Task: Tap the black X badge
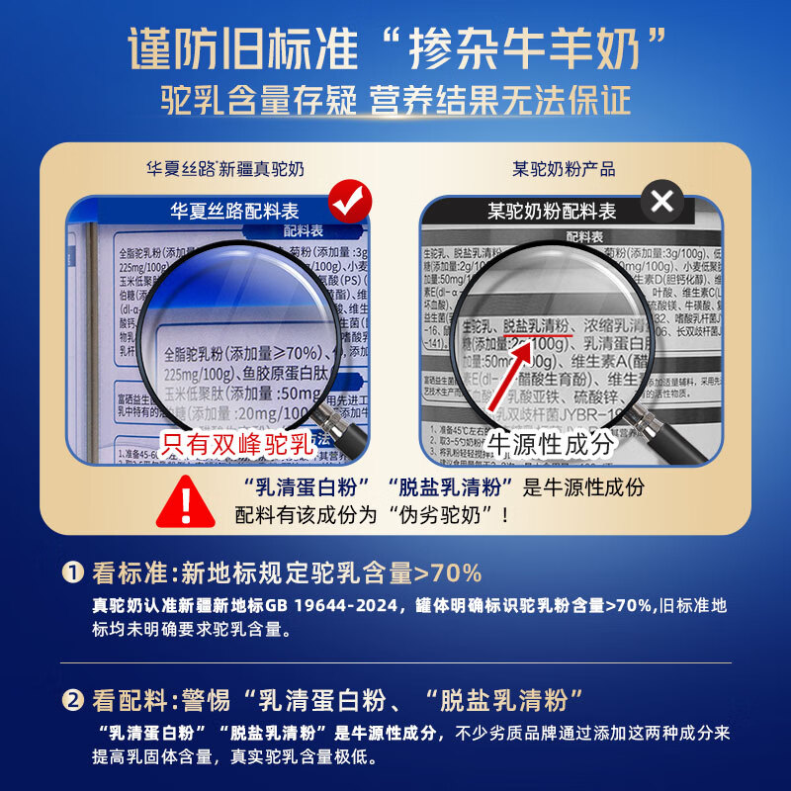pyautogui.click(x=662, y=203)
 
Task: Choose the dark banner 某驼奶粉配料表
pyautogui.click(x=552, y=211)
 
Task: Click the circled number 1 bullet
pyautogui.click(x=73, y=572)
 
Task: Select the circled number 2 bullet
pyautogui.click(x=73, y=701)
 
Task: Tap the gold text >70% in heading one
pyautogui.click(x=447, y=572)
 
